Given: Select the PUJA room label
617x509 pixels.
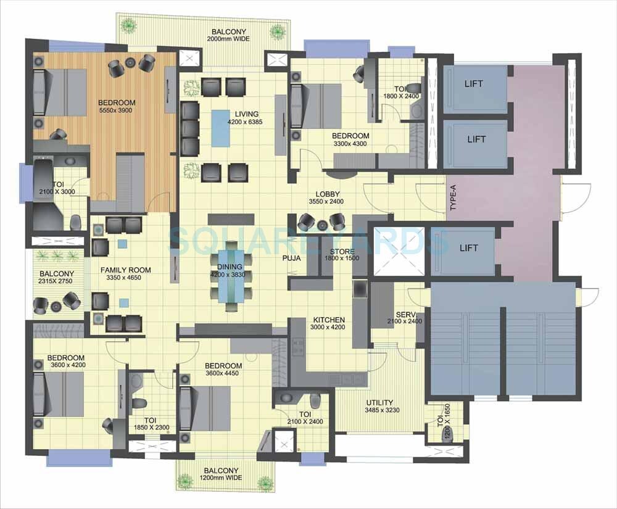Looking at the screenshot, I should pyautogui.click(x=291, y=259).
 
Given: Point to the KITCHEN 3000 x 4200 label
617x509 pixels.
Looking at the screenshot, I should pyautogui.click(x=328, y=324).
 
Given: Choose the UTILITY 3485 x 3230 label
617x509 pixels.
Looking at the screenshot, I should pyautogui.click(x=379, y=407).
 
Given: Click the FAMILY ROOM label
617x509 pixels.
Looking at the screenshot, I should pyautogui.click(x=126, y=274).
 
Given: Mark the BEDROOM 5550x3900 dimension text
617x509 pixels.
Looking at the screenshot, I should pyautogui.click(x=116, y=110).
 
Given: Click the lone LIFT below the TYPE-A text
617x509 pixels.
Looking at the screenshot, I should pyautogui.click(x=468, y=248).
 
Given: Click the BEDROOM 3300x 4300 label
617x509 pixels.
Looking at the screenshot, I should pyautogui.click(x=350, y=139).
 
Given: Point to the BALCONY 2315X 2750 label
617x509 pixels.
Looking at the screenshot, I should pyautogui.click(x=57, y=278).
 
